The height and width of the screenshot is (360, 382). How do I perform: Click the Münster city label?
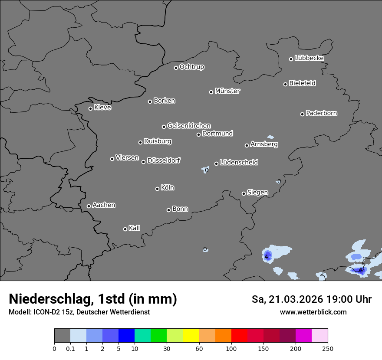(227, 91)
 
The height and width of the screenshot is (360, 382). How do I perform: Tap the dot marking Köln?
(157, 189)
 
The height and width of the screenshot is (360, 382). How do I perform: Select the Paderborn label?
(322, 113)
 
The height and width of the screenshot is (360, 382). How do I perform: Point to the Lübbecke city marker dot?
(291, 59)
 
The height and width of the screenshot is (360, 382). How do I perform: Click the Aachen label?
(104, 205)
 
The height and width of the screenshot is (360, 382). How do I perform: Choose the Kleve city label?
(103, 108)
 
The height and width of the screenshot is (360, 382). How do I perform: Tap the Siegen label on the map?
(257, 193)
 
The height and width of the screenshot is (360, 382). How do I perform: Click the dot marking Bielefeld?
(285, 84)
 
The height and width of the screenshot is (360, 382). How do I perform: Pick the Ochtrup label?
(192, 67)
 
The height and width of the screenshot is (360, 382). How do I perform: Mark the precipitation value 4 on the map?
(266, 257)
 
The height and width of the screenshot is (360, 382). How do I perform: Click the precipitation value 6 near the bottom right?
(361, 270)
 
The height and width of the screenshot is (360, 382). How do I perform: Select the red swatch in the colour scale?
(239, 336)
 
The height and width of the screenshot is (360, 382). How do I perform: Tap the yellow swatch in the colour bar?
(191, 336)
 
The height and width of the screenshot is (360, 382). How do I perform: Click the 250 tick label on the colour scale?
(328, 348)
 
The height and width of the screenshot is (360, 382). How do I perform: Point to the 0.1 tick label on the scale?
(70, 348)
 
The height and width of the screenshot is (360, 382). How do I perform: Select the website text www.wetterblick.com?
(313, 312)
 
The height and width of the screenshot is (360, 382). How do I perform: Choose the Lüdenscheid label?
(239, 162)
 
